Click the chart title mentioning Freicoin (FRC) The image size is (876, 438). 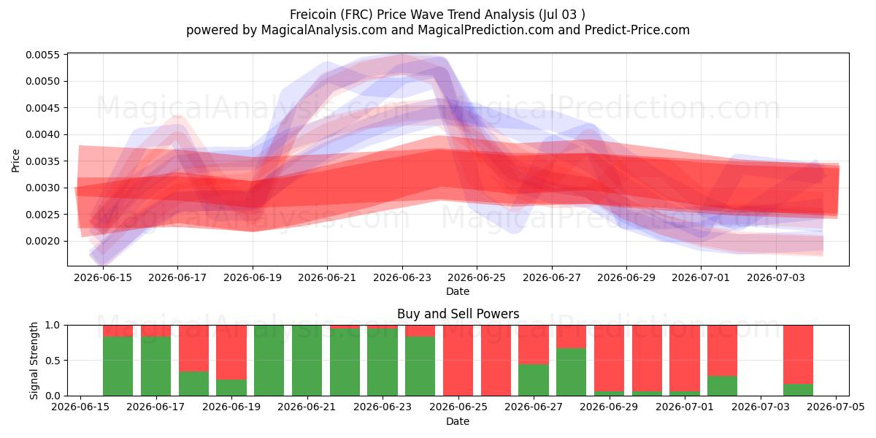click(x=437, y=15)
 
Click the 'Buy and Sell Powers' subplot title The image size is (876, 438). click(x=458, y=314)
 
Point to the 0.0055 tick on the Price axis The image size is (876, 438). click(x=43, y=55)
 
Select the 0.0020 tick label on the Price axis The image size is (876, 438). click(x=43, y=242)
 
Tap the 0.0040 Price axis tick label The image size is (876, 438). click(x=43, y=134)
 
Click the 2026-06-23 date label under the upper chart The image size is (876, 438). click(x=402, y=277)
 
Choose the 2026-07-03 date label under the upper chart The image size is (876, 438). click(x=776, y=277)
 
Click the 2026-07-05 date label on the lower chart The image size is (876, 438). click(x=836, y=407)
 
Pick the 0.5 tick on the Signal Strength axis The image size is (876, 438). click(x=53, y=360)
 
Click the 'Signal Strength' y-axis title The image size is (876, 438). click(x=34, y=361)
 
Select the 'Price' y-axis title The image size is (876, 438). click(x=15, y=161)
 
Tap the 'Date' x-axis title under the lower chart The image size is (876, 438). click(x=458, y=421)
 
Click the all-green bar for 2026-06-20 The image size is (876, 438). click(x=269, y=361)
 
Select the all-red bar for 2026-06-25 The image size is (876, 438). click(x=458, y=361)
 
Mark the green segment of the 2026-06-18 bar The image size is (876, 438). click(x=193, y=384)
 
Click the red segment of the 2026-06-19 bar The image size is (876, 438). click(x=231, y=353)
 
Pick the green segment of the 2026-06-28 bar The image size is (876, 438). click(x=572, y=372)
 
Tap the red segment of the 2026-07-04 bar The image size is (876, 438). click(x=798, y=355)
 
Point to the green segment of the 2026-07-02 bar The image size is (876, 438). click(x=722, y=386)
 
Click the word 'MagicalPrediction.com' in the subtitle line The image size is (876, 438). click(x=485, y=30)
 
